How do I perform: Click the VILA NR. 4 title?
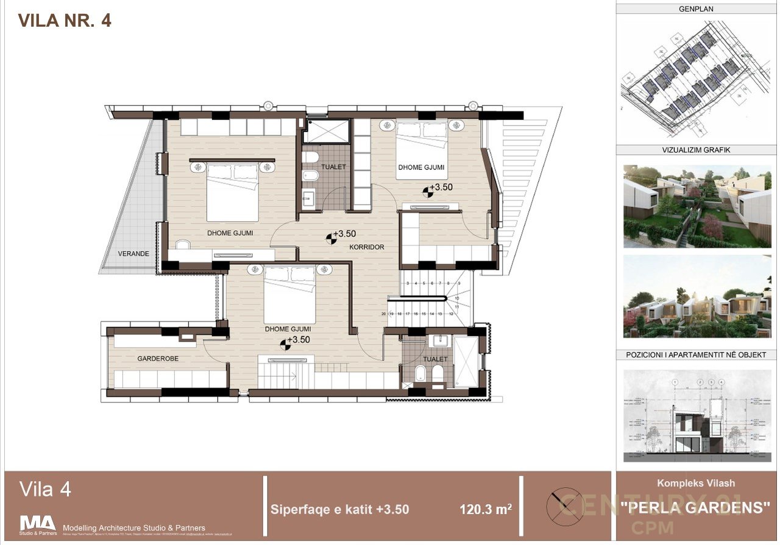(x=65, y=20)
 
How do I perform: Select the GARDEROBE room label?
(x=158, y=359)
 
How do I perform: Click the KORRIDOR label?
(x=366, y=247)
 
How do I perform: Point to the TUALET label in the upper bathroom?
(x=335, y=167)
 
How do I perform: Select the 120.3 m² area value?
(x=485, y=509)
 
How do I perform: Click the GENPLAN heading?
(x=696, y=9)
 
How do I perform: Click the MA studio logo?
(x=38, y=524)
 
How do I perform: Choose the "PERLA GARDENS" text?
(x=695, y=507)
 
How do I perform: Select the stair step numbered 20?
(x=384, y=314)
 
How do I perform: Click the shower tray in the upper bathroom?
(x=327, y=130)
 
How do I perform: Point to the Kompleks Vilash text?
(x=695, y=483)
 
